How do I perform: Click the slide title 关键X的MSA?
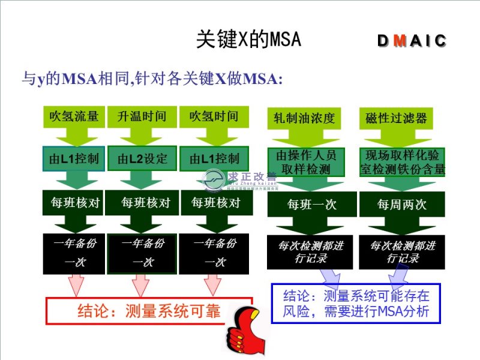coord(248,40)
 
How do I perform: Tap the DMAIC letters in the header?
coord(412,41)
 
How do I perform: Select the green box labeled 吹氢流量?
coord(74,116)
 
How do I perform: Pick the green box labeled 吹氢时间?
coord(213,116)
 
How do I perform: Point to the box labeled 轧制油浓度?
coord(304,118)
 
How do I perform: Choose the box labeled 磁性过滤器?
coord(396,118)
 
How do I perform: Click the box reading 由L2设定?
coord(142,159)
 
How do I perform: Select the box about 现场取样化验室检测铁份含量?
coord(403,162)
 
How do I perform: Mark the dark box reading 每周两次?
coord(403,205)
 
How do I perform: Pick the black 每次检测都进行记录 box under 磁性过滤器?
coord(403,252)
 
